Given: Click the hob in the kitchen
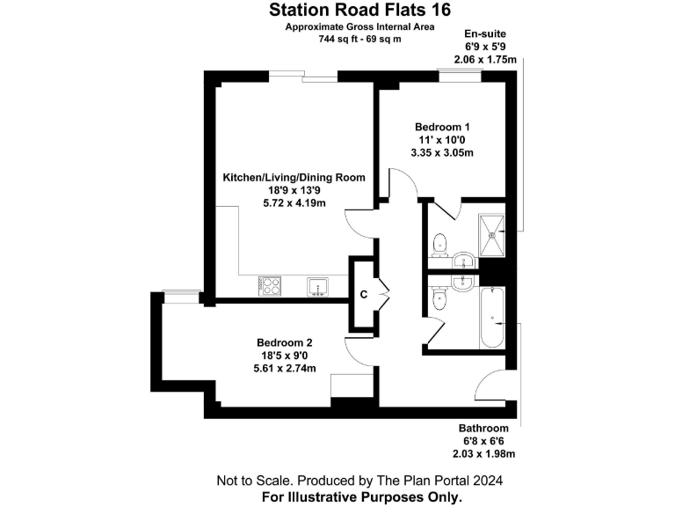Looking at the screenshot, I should pos(269,285).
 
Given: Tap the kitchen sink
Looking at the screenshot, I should pos(316,285).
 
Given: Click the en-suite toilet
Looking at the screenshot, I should pos(440,240).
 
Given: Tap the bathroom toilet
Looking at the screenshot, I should pos(440,300).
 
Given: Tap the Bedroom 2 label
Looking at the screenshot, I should pos(284,342).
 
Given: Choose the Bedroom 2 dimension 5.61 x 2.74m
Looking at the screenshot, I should pos(284,368).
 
